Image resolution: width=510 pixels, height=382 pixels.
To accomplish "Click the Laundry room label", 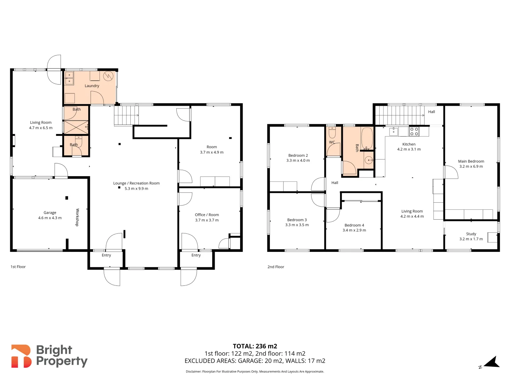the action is tap(92, 86).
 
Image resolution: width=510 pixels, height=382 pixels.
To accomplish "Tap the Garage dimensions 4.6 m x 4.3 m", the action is tap(50, 218).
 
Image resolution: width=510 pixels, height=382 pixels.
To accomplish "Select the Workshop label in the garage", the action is tap(77, 217).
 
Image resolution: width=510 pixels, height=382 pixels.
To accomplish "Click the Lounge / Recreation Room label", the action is tap(136, 183).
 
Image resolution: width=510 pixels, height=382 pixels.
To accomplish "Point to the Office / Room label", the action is tap(207, 215).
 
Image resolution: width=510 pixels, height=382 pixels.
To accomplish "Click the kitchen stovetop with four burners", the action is tap(414, 132).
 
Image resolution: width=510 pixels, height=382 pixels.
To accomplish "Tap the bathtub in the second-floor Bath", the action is tap(367, 138).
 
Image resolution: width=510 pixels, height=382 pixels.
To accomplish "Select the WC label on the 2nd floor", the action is tap(332, 142).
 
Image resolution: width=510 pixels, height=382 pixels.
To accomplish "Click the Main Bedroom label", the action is tap(471, 161).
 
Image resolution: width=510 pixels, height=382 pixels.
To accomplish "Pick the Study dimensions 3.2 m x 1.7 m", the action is tap(471, 239).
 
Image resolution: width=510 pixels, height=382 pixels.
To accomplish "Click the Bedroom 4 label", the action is tap(354, 225).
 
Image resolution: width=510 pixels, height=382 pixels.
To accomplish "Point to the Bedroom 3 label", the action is tap(297, 220).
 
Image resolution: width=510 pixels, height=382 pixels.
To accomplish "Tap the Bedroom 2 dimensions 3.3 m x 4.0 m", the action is tap(298, 160).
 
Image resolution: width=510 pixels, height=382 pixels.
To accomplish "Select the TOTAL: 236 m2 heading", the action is tap(255, 346).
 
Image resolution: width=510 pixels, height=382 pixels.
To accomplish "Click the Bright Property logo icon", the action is tap(21, 356).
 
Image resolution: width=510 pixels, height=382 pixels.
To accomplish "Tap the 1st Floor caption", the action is tap(18, 267).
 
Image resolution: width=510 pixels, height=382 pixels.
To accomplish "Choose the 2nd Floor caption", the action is tap(276, 267).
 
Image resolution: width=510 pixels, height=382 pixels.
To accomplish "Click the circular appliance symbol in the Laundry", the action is tap(108, 76).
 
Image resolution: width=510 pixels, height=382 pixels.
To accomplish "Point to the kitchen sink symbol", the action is tap(393, 131).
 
